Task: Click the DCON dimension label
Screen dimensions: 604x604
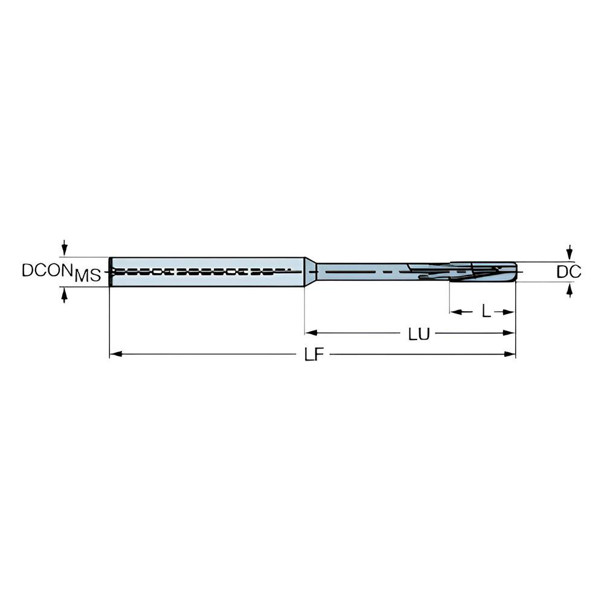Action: [x=47, y=270]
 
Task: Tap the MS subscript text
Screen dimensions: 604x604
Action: [x=88, y=277]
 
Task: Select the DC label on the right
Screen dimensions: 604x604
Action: [x=568, y=272]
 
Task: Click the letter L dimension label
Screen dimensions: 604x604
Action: [x=486, y=312]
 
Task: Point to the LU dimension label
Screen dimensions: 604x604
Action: [x=418, y=334]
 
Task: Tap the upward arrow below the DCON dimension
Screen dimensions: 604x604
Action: [x=65, y=295]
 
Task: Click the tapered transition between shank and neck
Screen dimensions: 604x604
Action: [x=310, y=272]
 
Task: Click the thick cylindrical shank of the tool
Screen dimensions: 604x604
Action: [x=205, y=272]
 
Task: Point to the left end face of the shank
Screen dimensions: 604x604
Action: [x=111, y=272]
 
